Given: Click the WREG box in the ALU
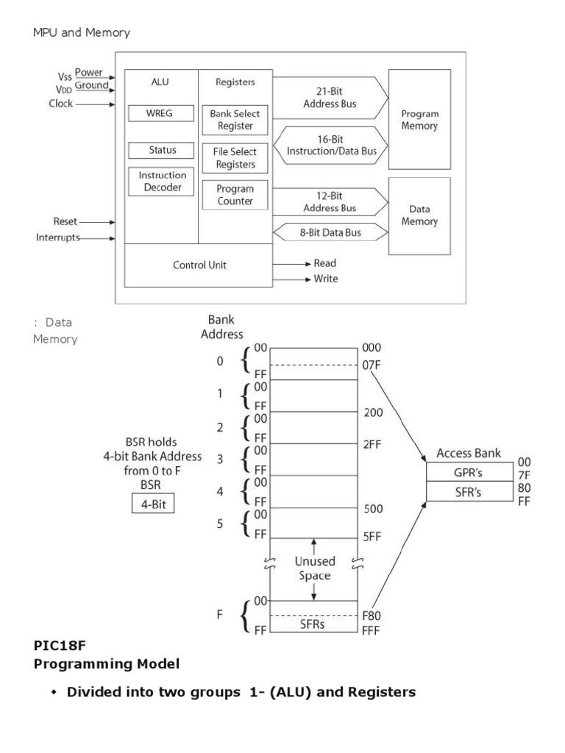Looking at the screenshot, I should point(159,114).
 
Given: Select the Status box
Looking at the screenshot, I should point(162,150).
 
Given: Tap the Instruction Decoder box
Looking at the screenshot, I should point(162,182).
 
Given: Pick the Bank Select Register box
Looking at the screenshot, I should point(235,121).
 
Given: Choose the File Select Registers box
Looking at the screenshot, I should point(235,157).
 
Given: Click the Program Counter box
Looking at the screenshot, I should point(235,195).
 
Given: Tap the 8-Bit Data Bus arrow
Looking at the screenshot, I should point(329,232).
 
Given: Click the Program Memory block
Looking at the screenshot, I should point(419,120).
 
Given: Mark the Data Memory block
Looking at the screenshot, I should point(419,215).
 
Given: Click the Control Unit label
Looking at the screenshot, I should point(198,265).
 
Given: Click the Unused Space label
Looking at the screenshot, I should point(315,568).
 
